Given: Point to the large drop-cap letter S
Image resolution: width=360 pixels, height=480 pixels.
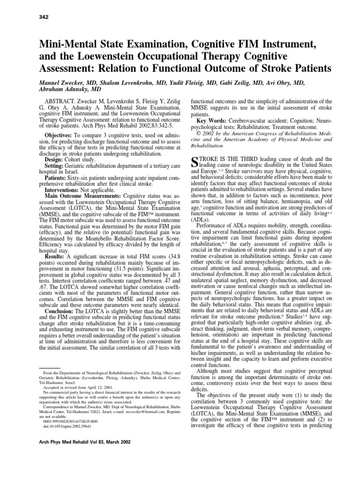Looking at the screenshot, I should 195,164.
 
